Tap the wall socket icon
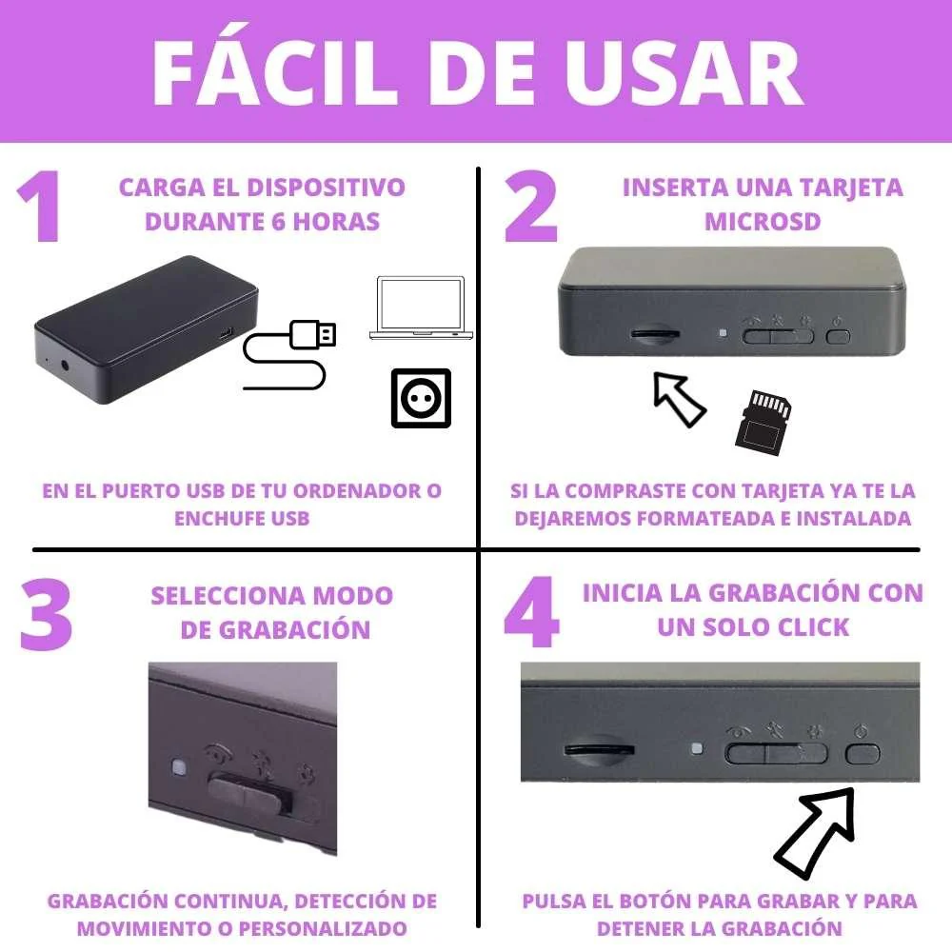(x=421, y=398)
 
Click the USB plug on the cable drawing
(x=313, y=333)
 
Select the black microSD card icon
(x=764, y=422)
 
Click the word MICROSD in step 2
(x=762, y=222)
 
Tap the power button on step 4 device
(x=863, y=754)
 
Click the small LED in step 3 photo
(x=177, y=766)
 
